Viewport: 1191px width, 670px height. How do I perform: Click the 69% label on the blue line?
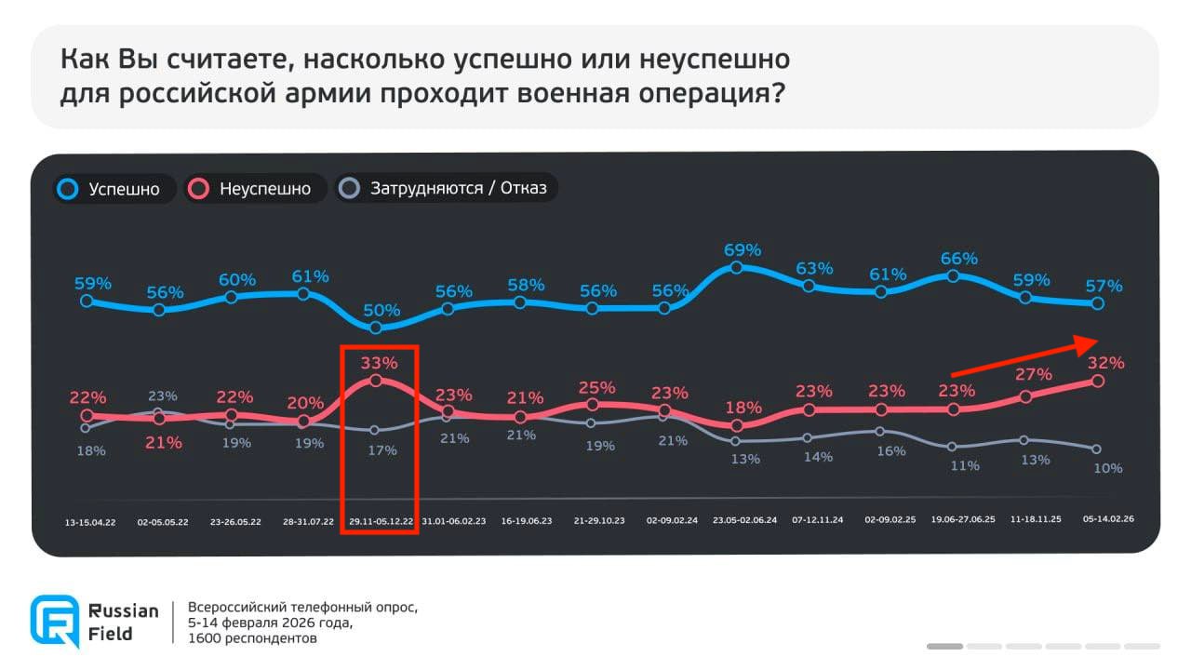[x=742, y=249]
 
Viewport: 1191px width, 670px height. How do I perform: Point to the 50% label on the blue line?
[x=381, y=310]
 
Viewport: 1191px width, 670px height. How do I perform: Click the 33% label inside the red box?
[x=379, y=363]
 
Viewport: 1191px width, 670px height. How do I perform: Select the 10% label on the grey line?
[x=1107, y=468]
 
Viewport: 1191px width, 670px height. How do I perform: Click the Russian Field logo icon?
[x=54, y=621]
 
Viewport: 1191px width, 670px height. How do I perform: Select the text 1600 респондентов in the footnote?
[x=252, y=638]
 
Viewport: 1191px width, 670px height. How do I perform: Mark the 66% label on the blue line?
[x=958, y=259]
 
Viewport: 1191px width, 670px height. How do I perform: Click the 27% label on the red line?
[x=1033, y=374]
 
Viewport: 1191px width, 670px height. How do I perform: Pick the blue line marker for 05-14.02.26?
[x=1097, y=303]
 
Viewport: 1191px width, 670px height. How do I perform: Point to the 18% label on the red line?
[x=743, y=408]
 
